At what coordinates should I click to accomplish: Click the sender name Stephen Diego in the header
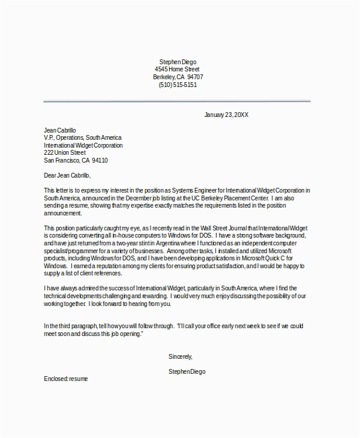[178, 62]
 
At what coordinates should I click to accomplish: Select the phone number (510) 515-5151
[178, 85]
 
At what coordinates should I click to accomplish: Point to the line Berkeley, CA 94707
[179, 77]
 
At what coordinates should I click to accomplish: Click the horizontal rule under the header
[177, 101]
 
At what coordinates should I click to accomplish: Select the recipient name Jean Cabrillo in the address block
[60, 130]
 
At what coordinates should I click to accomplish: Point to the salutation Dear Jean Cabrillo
[67, 175]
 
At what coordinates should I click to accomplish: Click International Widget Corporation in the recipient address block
[83, 145]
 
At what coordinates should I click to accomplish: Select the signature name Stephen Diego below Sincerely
[187, 372]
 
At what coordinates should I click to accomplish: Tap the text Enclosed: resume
[66, 380]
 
